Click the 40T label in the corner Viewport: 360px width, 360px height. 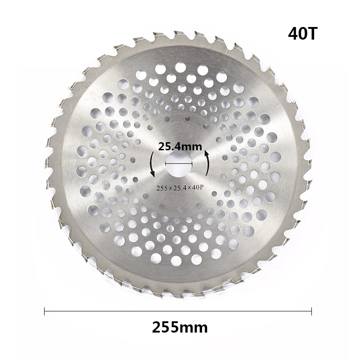[x=302, y=33]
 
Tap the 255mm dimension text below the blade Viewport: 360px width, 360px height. [x=180, y=328]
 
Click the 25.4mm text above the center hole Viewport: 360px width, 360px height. [x=180, y=147]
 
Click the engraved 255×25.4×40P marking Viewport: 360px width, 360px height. [x=180, y=188]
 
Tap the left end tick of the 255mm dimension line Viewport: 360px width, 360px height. [x=44, y=311]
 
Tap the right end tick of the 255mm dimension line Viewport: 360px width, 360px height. [x=311, y=311]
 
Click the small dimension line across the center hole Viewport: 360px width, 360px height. [x=179, y=164]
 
